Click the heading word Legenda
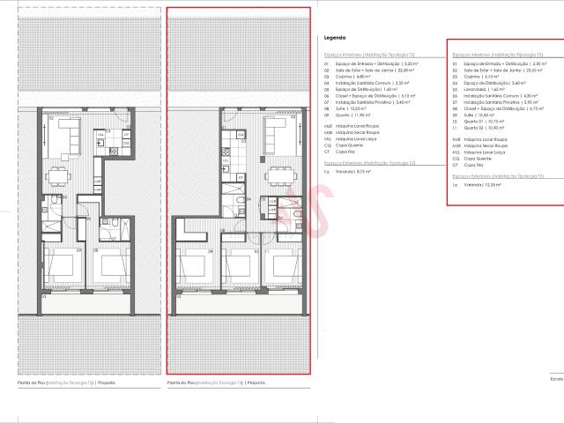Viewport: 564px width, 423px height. pyautogui.click(x=334, y=39)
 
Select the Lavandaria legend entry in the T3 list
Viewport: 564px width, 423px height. pyautogui.click(x=482, y=89)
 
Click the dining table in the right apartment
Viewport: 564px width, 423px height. pyautogui.click(x=280, y=171)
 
